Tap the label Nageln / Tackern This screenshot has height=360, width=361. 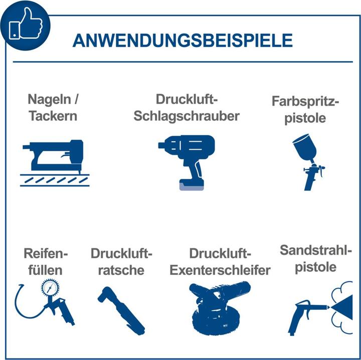53,107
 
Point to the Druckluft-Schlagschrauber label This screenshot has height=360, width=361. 186,107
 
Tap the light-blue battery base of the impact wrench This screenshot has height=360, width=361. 193,186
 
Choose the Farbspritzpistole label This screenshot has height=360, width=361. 305,109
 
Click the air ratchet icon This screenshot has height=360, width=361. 121,308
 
